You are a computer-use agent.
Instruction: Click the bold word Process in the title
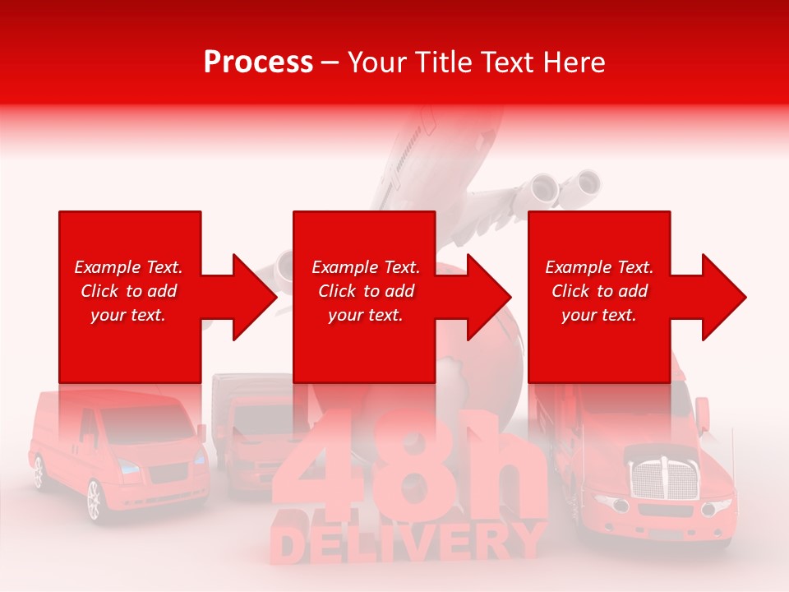pyautogui.click(x=258, y=62)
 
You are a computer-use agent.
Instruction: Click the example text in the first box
pyautogui.click(x=128, y=291)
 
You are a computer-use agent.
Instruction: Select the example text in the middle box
pyautogui.click(x=366, y=291)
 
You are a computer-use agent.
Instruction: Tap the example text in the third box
pyautogui.click(x=599, y=291)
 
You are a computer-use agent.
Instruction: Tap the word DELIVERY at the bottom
pyautogui.click(x=408, y=543)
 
